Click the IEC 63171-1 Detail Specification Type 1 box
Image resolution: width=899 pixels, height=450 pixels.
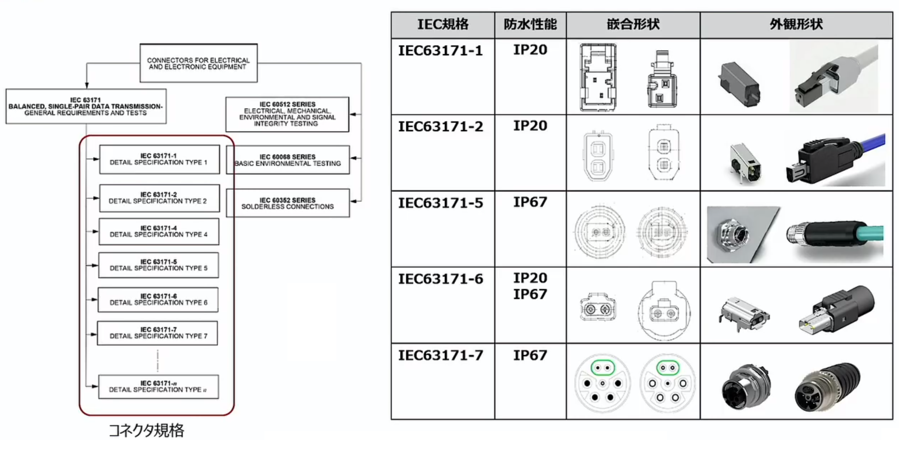tap(159, 159)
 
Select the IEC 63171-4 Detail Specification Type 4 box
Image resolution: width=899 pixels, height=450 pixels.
tap(159, 232)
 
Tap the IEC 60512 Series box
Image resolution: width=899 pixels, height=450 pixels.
tap(287, 114)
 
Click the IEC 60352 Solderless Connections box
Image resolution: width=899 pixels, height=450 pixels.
tap(287, 204)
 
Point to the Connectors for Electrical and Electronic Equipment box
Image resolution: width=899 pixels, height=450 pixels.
tap(198, 64)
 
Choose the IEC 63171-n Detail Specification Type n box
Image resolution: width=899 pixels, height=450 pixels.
tap(158, 386)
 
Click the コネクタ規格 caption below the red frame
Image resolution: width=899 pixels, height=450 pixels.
tap(146, 431)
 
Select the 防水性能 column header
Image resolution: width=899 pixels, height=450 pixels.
tap(530, 25)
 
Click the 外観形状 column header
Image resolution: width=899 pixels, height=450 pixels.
tap(796, 25)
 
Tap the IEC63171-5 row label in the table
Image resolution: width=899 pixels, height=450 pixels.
tap(440, 203)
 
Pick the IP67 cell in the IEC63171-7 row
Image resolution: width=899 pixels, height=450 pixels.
tap(530, 355)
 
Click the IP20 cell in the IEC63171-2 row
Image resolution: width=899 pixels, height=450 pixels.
tap(530, 126)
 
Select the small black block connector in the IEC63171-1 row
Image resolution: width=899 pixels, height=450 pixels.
tap(739, 84)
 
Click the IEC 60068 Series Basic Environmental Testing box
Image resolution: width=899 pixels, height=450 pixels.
tap(287, 160)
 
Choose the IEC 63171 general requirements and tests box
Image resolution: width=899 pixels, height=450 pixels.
tap(86, 107)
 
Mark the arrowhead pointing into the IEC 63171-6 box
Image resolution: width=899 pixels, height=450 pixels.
tap(94, 300)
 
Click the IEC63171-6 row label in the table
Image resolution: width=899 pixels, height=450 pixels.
tap(440, 279)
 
